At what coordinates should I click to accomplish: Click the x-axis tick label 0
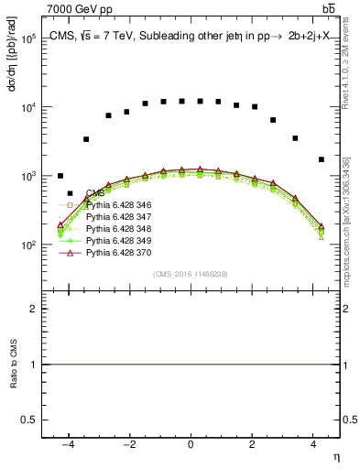[x=191, y=444]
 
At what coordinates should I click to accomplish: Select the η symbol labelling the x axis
[x=335, y=457]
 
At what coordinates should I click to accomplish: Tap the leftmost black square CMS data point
[x=60, y=176]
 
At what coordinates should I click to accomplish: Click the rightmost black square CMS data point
[x=321, y=159]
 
